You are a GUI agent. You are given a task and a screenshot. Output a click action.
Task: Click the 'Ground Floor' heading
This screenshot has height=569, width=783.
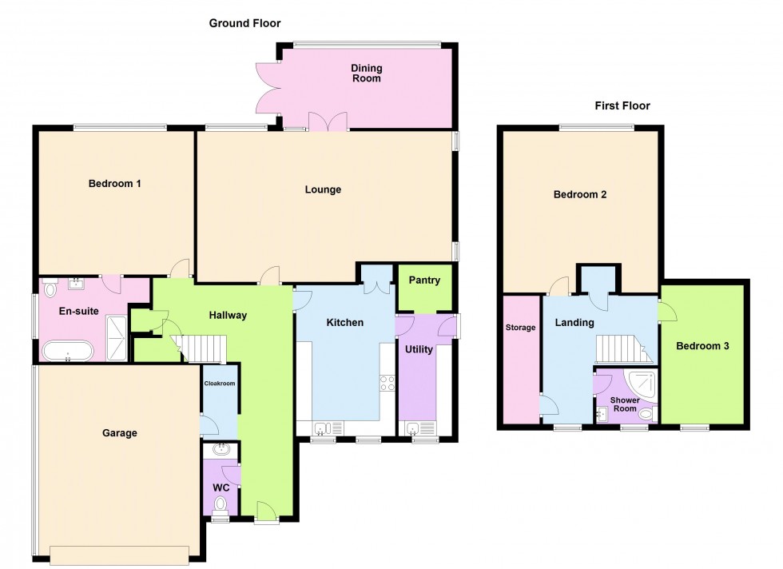244,24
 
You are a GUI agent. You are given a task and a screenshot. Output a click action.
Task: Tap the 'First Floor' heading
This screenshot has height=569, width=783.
622,105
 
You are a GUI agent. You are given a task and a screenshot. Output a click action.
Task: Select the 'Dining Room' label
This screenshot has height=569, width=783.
366,74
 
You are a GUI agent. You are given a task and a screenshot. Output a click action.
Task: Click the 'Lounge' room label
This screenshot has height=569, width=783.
323,190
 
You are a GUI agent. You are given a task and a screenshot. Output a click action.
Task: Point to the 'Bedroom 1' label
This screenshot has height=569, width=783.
114,184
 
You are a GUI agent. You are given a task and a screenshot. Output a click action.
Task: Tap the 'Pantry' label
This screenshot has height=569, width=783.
424,281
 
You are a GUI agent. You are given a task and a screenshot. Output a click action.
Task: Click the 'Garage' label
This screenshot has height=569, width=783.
120,433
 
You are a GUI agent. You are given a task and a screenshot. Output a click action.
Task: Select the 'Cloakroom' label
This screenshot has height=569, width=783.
219,384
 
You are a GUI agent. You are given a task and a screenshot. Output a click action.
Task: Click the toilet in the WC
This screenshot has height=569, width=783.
221,503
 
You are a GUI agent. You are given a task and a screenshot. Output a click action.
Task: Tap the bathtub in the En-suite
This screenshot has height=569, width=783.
68,350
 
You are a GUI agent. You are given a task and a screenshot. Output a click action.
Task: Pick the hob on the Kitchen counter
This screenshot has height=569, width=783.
388,383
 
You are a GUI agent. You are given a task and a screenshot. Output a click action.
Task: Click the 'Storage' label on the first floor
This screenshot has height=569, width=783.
520,328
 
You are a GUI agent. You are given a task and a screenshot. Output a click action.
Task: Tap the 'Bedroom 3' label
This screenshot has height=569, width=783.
702,346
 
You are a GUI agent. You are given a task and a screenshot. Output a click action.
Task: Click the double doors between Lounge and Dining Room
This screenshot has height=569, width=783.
327,121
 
